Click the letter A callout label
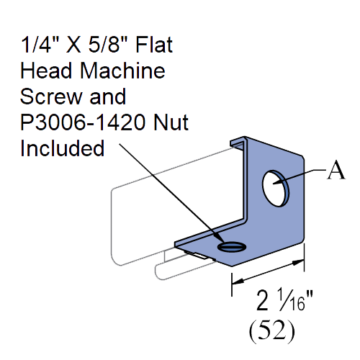tap(336, 170)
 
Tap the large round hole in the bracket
tap(276, 188)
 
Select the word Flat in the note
tap(154, 45)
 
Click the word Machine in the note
tap(122, 71)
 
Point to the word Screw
tap(51, 96)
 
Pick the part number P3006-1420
tap(83, 122)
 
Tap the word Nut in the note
tap(171, 122)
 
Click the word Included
tap(63, 148)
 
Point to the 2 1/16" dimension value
tap(284, 301)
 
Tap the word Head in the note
tap(46, 71)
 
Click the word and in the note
tap(108, 96)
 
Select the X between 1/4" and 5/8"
tap(73, 45)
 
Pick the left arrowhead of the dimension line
tap(238, 281)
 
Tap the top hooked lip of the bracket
tap(238, 142)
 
